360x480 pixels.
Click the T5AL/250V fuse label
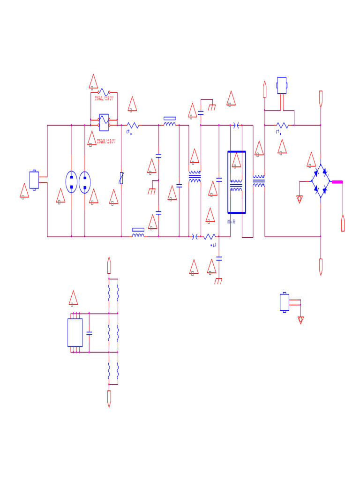pos(104,99)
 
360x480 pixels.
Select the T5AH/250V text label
pos(106,141)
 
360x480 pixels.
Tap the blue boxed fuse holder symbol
pos(104,122)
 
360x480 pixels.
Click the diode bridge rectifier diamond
pos(321,181)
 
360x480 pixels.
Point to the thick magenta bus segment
pos(337,182)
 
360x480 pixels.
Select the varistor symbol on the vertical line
pos(121,178)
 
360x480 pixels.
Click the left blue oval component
pos(71,182)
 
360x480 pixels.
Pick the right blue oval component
pos(84,182)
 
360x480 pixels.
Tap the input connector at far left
pos(34,180)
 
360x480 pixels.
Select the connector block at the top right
pos(282,85)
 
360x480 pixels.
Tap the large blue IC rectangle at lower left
pos(75,332)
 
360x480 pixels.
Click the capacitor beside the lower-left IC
pos(89,333)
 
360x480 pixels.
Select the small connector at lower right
pos(285,302)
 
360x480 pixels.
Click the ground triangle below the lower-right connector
pos(300,320)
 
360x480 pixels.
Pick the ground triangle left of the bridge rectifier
pos(300,199)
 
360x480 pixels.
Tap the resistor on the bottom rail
pos(210,237)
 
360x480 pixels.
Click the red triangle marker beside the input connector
pos(24,191)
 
